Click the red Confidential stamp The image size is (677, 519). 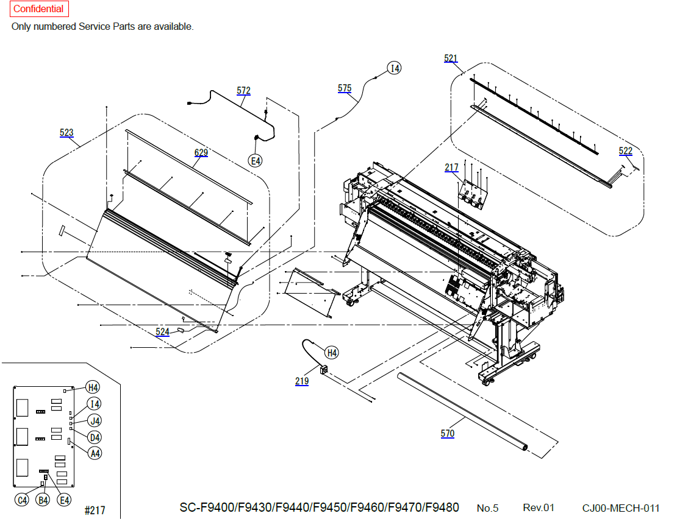39,9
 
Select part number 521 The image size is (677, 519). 450,58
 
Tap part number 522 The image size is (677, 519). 625,151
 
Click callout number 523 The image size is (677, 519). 66,132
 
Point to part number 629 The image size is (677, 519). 201,153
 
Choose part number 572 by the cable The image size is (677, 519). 243,91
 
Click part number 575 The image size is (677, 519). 345,88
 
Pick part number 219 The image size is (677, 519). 302,381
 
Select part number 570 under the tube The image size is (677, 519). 447,434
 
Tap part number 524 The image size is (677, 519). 162,331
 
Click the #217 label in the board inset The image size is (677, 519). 95,510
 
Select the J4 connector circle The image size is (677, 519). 95,420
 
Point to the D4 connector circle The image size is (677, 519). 95,437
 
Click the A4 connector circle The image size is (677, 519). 95,453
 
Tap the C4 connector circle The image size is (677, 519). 22,500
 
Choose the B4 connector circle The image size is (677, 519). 43,500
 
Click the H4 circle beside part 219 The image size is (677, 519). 331,353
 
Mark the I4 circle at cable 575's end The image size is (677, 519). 394,68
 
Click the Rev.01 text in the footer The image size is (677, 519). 539,508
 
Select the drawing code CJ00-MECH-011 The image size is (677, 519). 621,508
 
